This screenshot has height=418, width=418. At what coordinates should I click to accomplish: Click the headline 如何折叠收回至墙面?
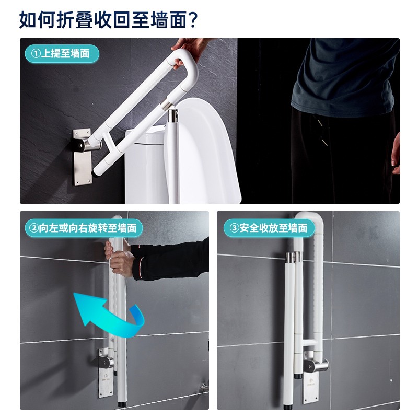(108, 19)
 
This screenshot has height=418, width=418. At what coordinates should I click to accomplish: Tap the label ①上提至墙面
(62, 54)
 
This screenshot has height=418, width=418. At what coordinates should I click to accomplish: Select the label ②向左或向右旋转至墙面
(84, 228)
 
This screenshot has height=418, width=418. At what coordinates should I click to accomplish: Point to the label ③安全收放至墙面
(269, 228)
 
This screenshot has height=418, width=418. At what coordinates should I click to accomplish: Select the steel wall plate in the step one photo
(83, 157)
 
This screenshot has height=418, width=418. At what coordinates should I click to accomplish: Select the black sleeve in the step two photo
(171, 260)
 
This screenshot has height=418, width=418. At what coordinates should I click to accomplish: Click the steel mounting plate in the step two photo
(106, 373)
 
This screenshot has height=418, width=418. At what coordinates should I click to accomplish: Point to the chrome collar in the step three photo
(294, 257)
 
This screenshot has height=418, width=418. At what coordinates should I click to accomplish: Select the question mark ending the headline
(193, 20)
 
